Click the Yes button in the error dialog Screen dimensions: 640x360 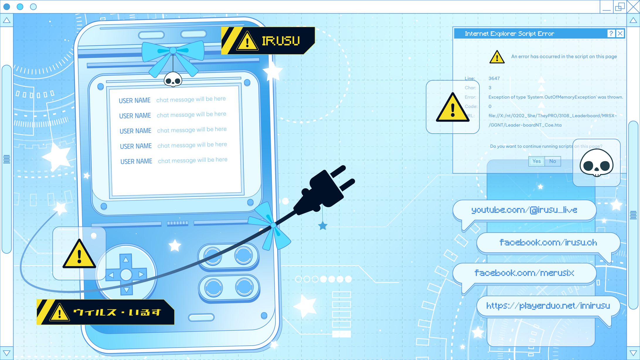pyautogui.click(x=537, y=161)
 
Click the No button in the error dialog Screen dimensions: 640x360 pyautogui.click(x=553, y=161)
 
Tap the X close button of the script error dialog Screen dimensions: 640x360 pyautogui.click(x=620, y=33)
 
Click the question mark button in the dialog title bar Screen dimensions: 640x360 pyautogui.click(x=611, y=33)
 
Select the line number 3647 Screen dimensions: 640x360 pyautogui.click(x=494, y=79)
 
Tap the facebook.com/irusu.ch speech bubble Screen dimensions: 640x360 pyautogui.click(x=548, y=243)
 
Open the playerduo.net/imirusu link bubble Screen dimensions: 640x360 pyautogui.click(x=548, y=306)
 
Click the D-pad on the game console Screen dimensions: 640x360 pyautogui.click(x=126, y=274)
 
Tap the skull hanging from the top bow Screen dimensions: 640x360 pyautogui.click(x=173, y=80)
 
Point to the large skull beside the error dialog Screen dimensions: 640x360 pyautogui.click(x=596, y=163)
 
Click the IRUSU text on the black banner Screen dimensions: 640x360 pyautogui.click(x=281, y=41)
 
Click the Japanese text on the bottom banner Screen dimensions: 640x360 pyautogui.click(x=117, y=312)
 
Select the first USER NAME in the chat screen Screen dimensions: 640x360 pyautogui.click(x=135, y=100)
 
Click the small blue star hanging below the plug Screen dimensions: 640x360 pyautogui.click(x=323, y=226)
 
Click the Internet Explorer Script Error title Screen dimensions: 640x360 pyautogui.click(x=509, y=34)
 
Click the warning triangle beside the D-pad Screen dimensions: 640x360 pyautogui.click(x=79, y=254)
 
